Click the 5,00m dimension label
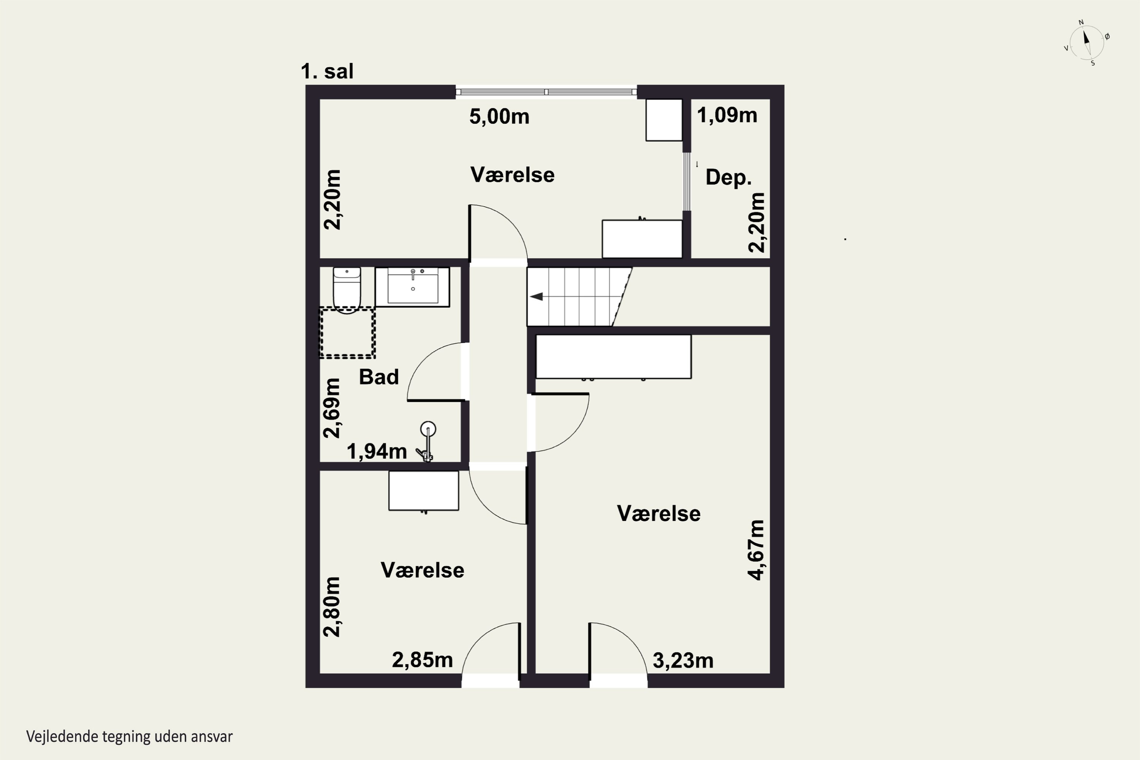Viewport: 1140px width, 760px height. click(499, 117)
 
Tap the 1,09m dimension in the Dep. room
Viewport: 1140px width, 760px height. click(727, 116)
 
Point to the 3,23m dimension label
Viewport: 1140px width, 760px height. click(683, 661)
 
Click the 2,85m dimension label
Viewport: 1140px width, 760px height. click(422, 660)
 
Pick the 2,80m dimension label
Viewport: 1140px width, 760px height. click(332, 607)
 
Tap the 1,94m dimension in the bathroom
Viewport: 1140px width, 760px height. click(377, 452)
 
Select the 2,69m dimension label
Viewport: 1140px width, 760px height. click(332, 408)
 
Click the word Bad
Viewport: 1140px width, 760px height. click(378, 377)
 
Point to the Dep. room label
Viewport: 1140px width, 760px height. click(728, 177)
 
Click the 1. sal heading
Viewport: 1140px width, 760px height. click(327, 71)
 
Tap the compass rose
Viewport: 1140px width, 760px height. click(1087, 43)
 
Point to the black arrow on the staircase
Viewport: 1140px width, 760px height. click(536, 297)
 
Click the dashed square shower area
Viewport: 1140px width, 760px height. click(347, 332)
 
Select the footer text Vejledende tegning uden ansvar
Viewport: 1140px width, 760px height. click(130, 737)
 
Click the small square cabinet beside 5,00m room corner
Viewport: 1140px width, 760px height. click(664, 120)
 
